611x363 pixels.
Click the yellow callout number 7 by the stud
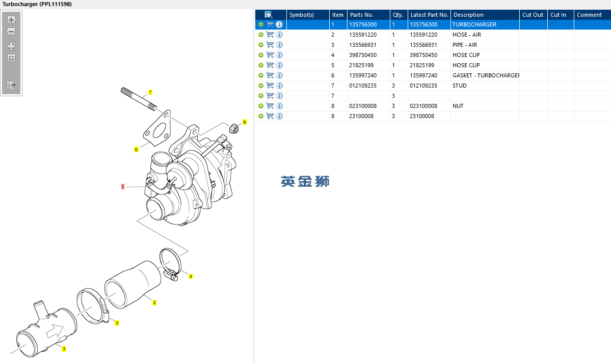[x=150, y=92]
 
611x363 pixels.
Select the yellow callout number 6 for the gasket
[x=136, y=150]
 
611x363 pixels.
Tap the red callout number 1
[x=123, y=187]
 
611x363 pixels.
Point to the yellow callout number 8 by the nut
[x=245, y=122]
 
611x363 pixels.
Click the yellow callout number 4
[x=191, y=276]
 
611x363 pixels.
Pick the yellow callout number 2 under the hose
[x=154, y=302]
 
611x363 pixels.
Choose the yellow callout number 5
[x=117, y=323]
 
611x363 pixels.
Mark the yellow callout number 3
[x=64, y=349]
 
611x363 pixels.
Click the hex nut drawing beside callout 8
[x=234, y=128]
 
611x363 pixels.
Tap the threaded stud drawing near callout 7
[x=138, y=99]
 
